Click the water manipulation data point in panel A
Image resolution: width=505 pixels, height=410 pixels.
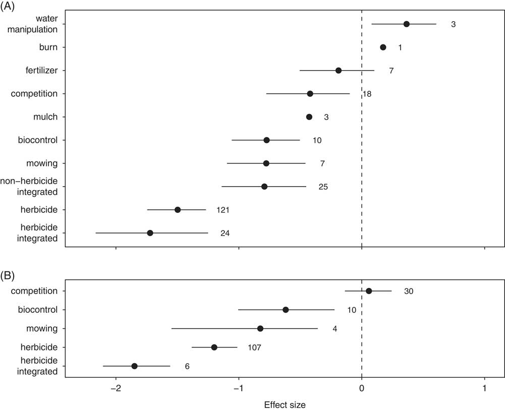coord(406,24)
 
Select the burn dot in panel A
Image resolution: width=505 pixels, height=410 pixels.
coord(383,47)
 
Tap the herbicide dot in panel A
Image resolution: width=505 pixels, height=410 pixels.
coord(178,210)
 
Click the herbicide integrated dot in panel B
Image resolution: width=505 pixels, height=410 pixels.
coord(134,366)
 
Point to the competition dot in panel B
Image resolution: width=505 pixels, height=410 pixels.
coord(369,291)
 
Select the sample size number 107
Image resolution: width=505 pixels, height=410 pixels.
coord(254,347)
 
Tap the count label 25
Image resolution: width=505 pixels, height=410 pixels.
coord(323,187)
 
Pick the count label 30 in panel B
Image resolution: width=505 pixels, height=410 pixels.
coord(409,291)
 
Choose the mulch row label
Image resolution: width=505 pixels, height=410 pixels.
coord(47,117)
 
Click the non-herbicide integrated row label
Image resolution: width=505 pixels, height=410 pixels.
coord(30,187)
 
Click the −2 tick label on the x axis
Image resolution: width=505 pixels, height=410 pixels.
coord(116,389)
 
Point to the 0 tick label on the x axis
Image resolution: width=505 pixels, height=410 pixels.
coord(362,389)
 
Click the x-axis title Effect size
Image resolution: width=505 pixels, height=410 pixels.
coord(285,404)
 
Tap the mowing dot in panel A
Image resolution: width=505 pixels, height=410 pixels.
coord(266,163)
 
